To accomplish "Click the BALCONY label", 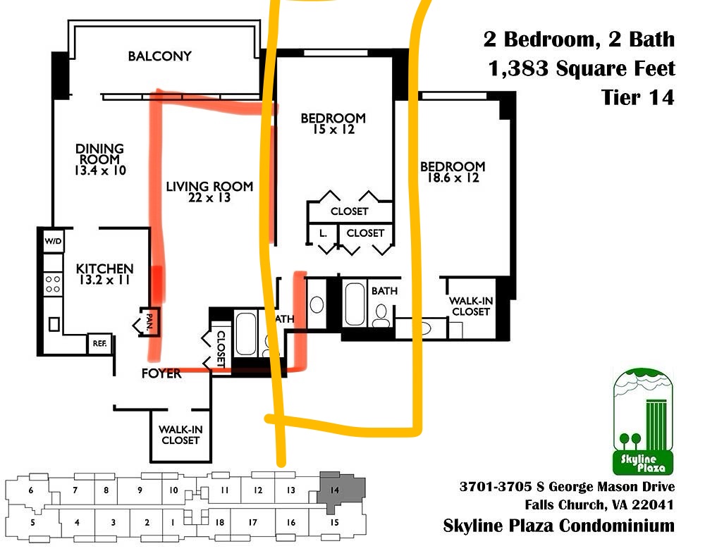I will (x=159, y=56).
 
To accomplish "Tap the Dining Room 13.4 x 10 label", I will (x=100, y=159).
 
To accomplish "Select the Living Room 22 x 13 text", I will (x=209, y=192).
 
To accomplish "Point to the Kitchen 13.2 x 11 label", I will (x=104, y=274).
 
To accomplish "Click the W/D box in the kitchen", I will (x=54, y=241).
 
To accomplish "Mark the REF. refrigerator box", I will (x=99, y=344).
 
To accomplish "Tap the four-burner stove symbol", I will (x=53, y=284).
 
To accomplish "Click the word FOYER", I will (x=161, y=373).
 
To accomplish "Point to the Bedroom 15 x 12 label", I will (x=333, y=123).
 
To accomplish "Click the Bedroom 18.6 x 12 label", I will (x=453, y=172).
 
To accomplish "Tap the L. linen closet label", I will (x=322, y=233).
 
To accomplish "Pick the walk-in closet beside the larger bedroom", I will (x=471, y=306).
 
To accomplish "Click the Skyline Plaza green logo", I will (x=643, y=422).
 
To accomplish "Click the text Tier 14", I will (x=637, y=97).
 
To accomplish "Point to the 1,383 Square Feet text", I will (x=580, y=68).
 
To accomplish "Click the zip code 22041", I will (x=653, y=504).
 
